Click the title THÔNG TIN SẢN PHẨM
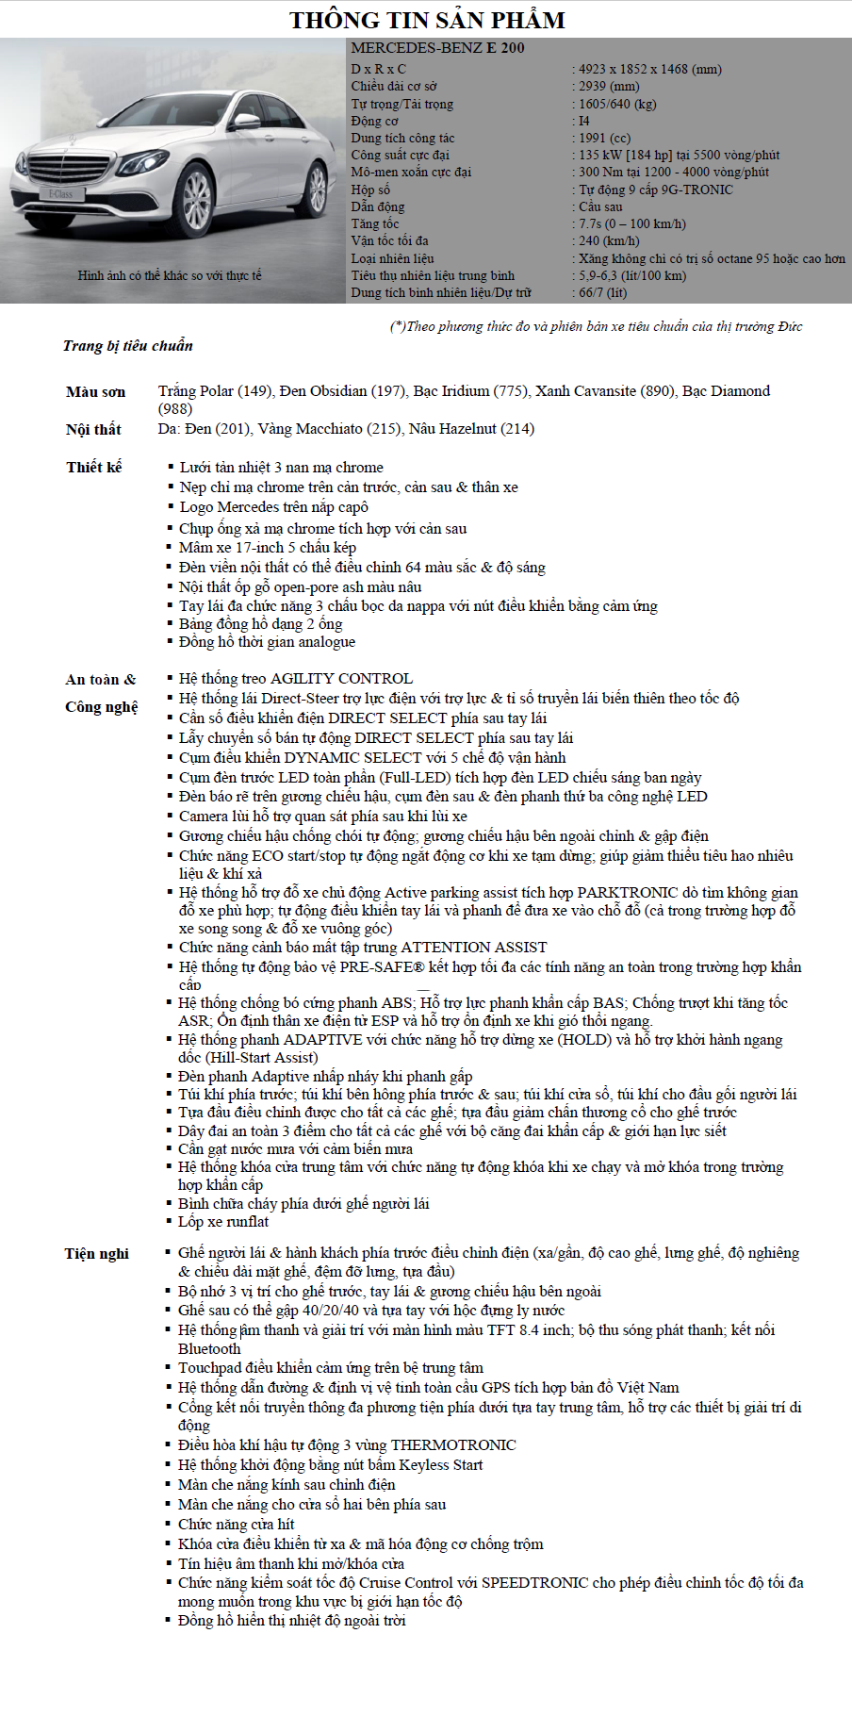[x=427, y=20]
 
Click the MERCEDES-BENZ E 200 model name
[x=437, y=48]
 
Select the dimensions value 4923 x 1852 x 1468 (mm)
[x=650, y=69]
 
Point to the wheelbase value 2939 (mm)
[x=609, y=86]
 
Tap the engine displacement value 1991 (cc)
[x=604, y=138]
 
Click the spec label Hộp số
[x=370, y=190]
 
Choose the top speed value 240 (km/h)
[x=609, y=240]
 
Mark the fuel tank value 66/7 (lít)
[x=602, y=292]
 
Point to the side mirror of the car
[x=247, y=121]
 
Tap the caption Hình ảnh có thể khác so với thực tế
[x=170, y=275]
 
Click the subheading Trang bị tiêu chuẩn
[x=128, y=346]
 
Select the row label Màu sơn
[x=95, y=392]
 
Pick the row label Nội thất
[x=93, y=430]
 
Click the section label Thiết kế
[x=94, y=467]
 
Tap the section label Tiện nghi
[x=96, y=1254]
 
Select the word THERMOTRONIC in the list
[x=453, y=1445]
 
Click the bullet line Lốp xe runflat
[x=223, y=1222]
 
